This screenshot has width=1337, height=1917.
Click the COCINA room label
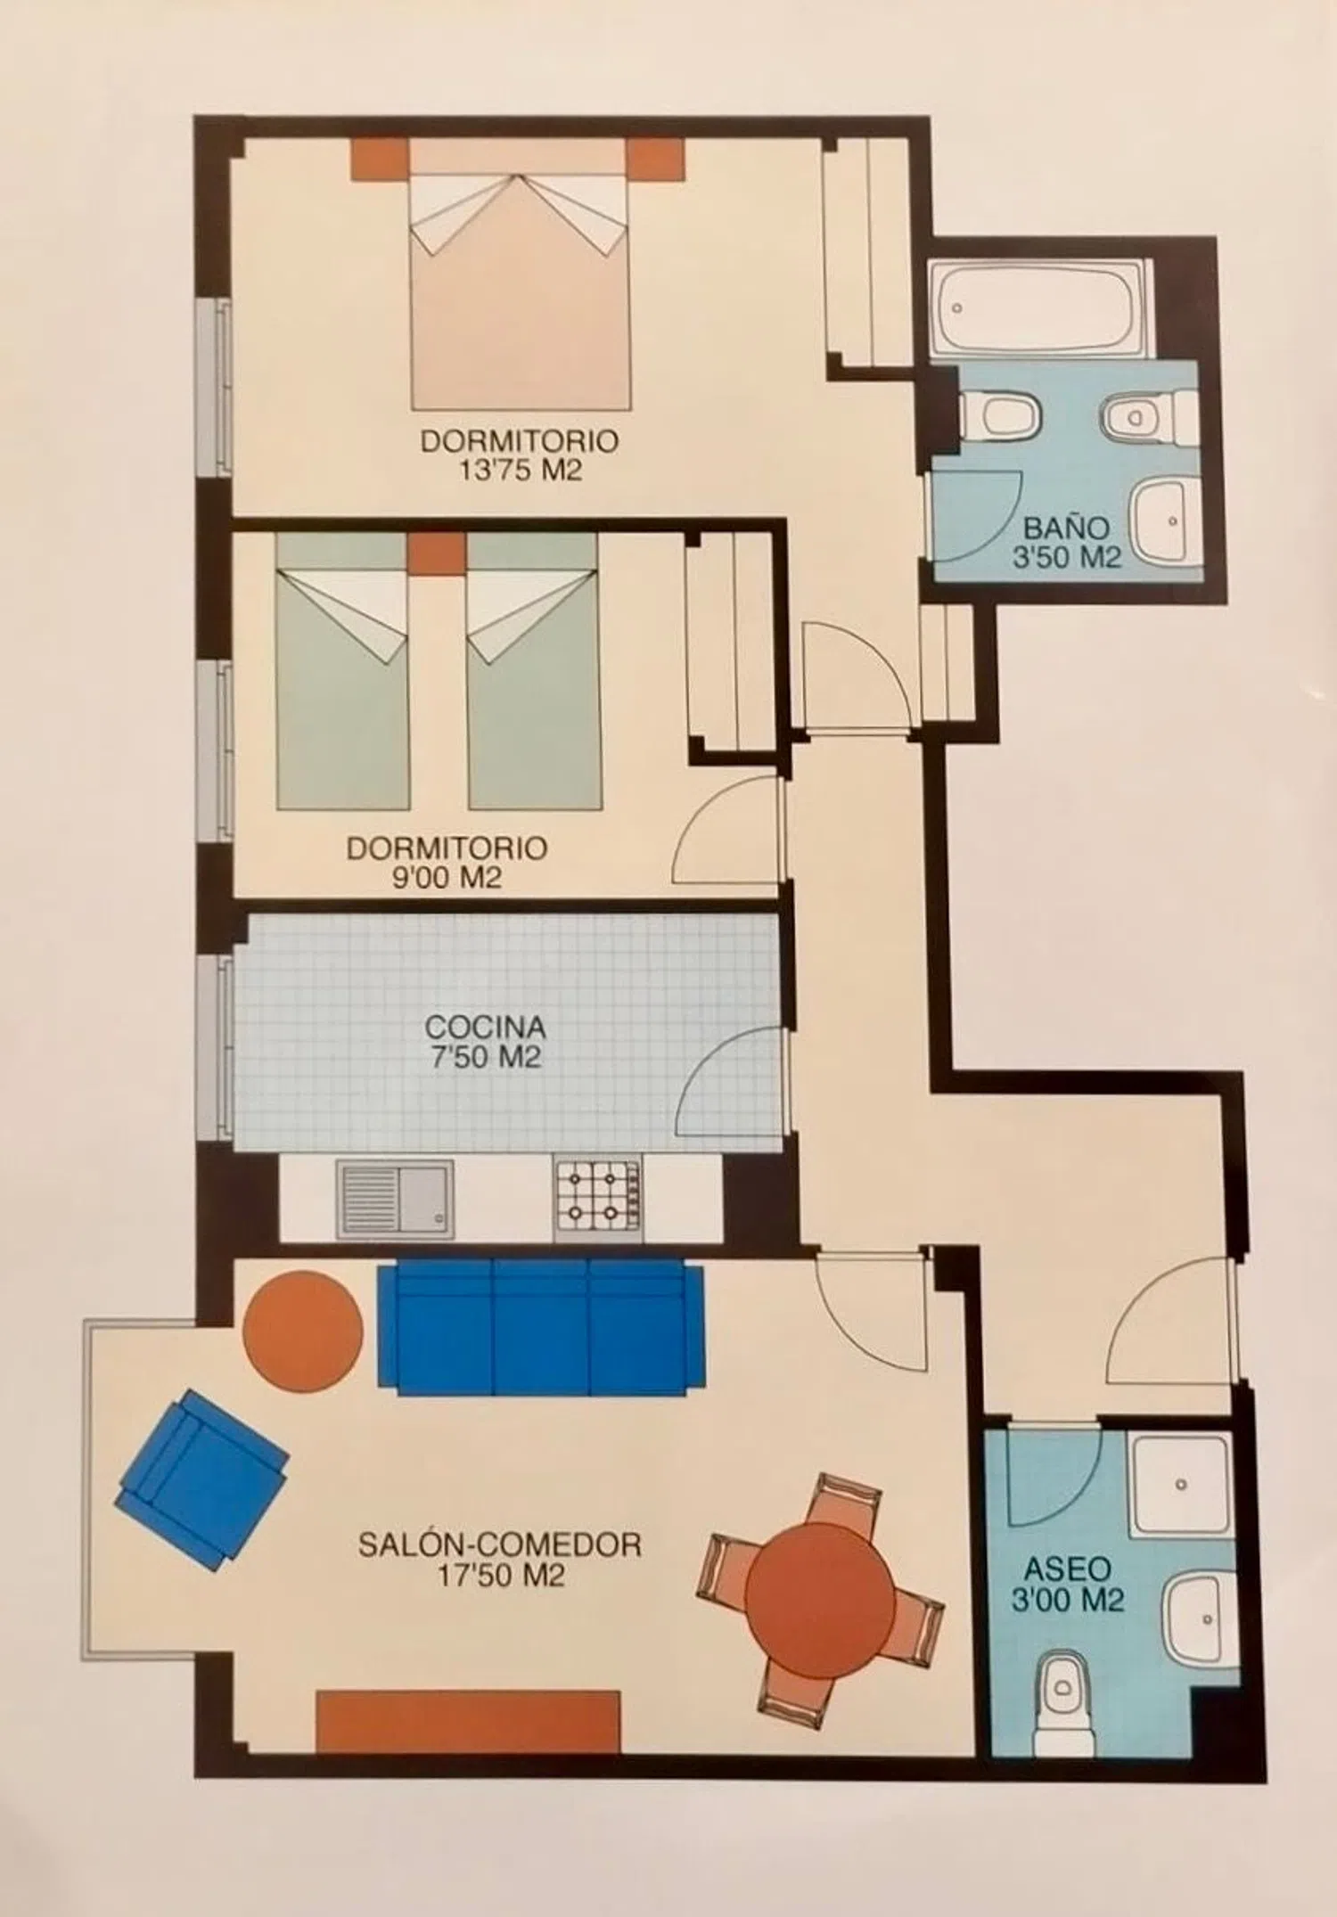click(x=485, y=1027)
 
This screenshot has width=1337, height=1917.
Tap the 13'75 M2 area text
click(x=521, y=470)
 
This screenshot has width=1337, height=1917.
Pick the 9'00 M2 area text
click(x=447, y=878)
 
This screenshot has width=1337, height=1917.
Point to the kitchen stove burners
click(x=597, y=1200)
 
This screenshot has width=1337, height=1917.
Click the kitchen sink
click(x=395, y=1199)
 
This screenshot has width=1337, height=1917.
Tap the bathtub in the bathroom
click(x=1036, y=307)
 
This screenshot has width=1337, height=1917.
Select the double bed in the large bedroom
click(x=521, y=275)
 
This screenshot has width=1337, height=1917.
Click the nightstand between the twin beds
click(x=437, y=553)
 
